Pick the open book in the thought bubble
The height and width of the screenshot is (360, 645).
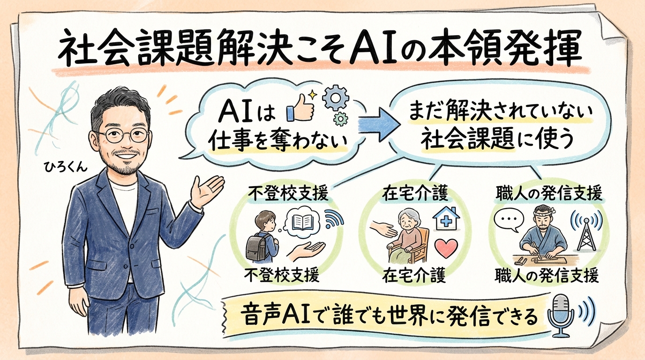click(x=300, y=222)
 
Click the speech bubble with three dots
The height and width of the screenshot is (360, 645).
click(x=507, y=220)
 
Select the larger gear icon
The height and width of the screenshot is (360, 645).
click(x=336, y=98)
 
